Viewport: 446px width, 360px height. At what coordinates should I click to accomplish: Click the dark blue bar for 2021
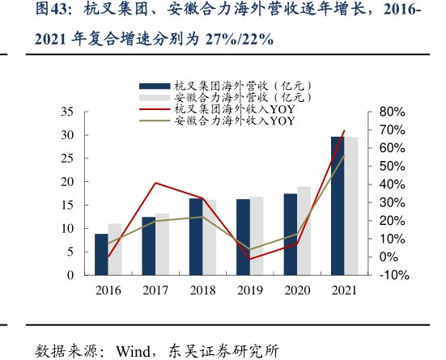click(338, 206)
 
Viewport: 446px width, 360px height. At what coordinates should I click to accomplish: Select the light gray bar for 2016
click(115, 250)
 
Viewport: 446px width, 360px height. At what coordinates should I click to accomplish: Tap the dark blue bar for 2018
click(196, 237)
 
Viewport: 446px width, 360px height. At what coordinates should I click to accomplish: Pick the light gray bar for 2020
click(304, 231)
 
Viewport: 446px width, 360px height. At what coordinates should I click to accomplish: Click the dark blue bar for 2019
click(243, 237)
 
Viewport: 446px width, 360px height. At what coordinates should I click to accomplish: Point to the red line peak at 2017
click(155, 183)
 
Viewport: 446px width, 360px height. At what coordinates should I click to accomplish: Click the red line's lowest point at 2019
click(250, 259)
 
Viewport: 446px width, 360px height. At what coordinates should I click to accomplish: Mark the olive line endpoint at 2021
click(345, 155)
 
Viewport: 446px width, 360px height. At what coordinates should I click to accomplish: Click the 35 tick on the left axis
click(67, 112)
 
